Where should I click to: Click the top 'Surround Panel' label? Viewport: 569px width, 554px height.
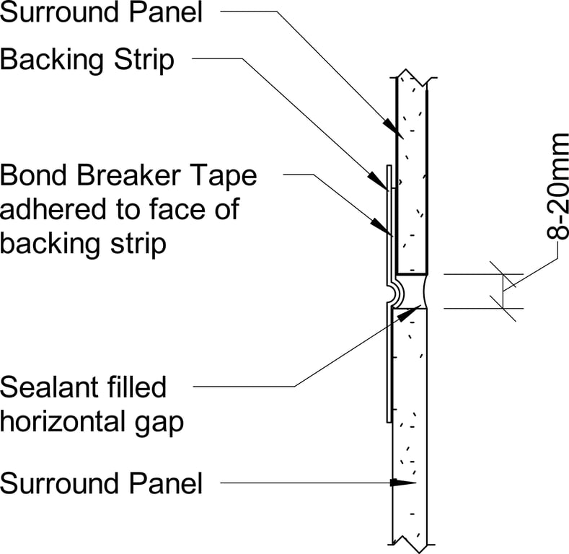point(102,12)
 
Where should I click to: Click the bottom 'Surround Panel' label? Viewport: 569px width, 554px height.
point(102,483)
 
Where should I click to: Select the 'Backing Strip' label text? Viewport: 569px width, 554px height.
point(87,60)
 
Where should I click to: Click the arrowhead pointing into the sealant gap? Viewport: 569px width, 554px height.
point(412,311)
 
